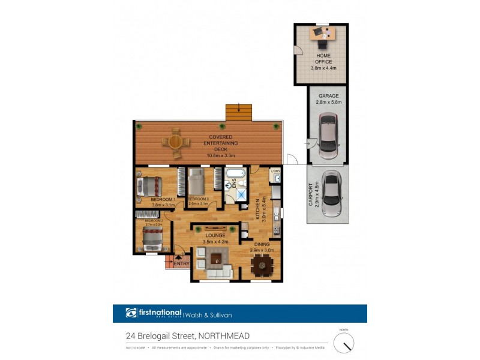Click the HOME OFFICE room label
click(323, 58)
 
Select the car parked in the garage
click(328, 137)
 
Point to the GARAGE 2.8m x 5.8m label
click(328, 99)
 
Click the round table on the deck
click(175, 142)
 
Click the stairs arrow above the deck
click(239, 109)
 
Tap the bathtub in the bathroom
click(235, 176)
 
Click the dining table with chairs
click(262, 264)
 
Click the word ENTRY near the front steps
click(182, 263)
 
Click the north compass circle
click(344, 343)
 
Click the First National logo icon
click(131, 313)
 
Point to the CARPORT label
click(311, 195)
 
